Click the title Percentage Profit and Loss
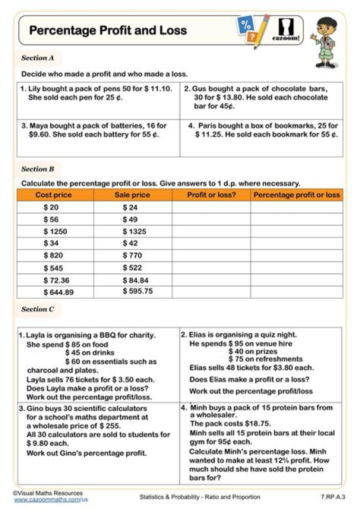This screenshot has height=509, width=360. click(108, 30)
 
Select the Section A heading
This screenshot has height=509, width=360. click(37, 58)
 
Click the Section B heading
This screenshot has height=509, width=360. click(37, 169)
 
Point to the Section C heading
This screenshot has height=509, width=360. click(37, 309)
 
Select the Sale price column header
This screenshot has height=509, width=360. click(132, 195)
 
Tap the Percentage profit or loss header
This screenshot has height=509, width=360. click(296, 195)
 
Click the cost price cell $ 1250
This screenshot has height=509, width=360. click(55, 231)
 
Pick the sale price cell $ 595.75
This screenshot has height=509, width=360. click(137, 291)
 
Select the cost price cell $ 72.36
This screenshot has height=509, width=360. click(56, 280)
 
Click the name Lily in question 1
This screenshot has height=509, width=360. click(33, 89)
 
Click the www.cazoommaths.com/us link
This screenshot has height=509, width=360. click(51, 499)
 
